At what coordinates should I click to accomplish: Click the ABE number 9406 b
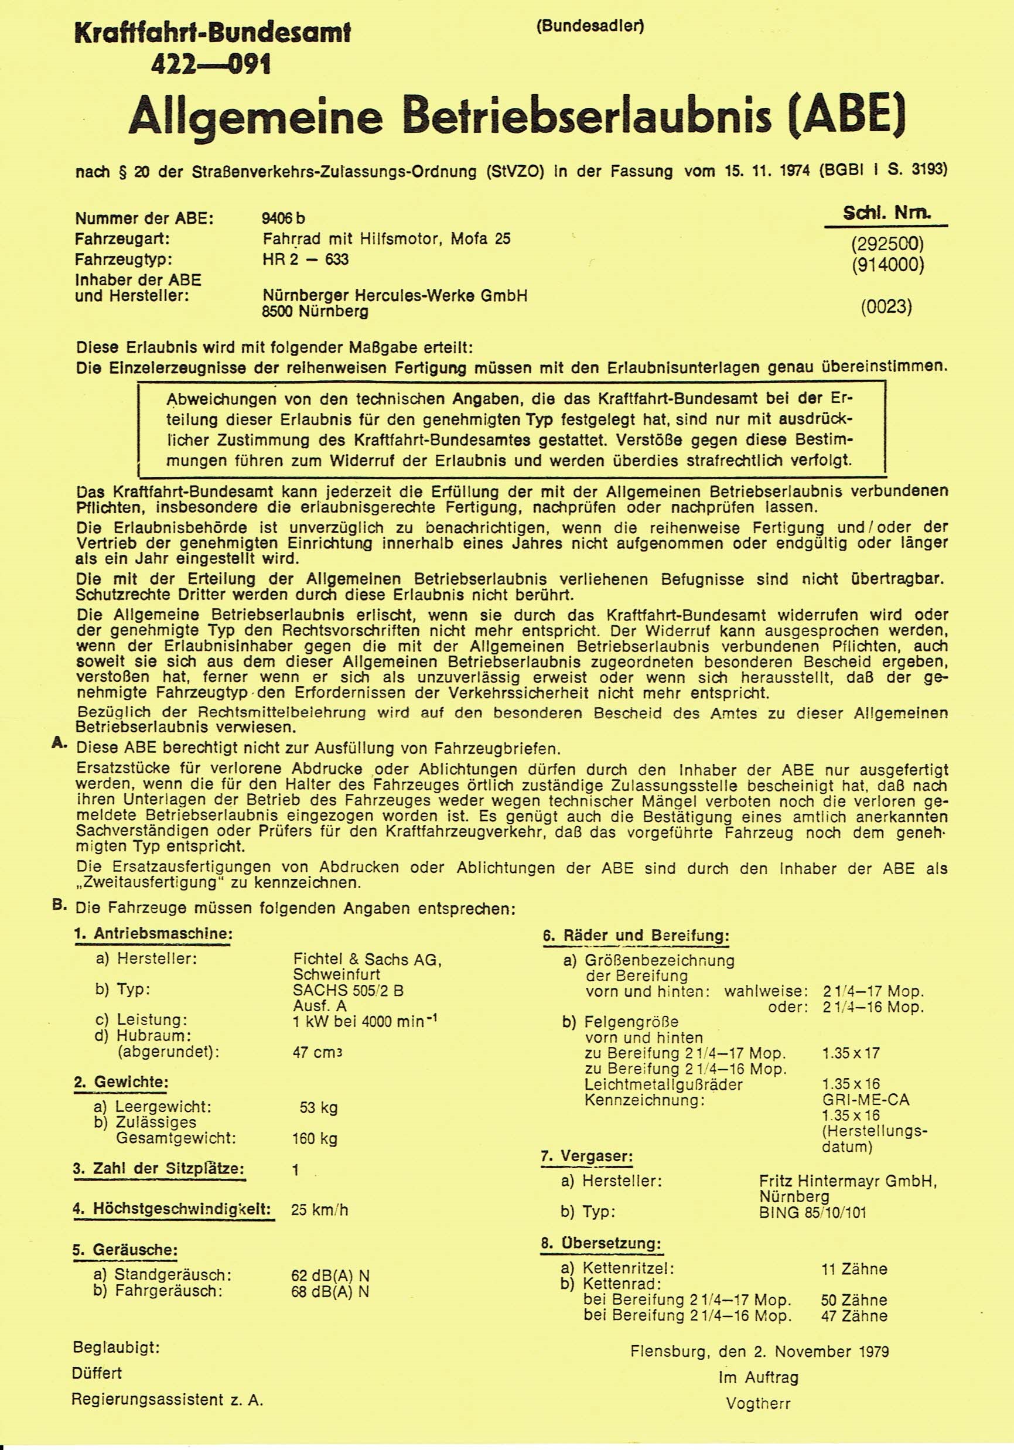pos(284,219)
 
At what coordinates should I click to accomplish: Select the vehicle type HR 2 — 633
pos(306,260)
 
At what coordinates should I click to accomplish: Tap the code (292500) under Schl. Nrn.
pos(887,244)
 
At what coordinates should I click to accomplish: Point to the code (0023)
pos(886,308)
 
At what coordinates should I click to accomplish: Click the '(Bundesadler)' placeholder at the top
pos(590,26)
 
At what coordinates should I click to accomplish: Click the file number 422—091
pos(211,64)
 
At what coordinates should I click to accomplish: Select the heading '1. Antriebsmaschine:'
pos(153,934)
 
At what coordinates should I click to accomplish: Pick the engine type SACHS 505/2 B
pos(348,990)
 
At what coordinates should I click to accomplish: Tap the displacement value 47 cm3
pos(317,1052)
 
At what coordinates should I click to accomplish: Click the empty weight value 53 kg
pos(319,1108)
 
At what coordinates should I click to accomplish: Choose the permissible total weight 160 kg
pos(315,1139)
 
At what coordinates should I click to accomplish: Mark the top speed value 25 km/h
pos(319,1210)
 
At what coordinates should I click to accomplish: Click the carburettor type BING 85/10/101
pos(813,1213)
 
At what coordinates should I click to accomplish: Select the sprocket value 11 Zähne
pos(853,1269)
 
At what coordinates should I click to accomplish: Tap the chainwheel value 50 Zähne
pos(853,1299)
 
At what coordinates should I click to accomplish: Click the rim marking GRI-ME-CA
pos(866,1100)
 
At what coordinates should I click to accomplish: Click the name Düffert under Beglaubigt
pos(97,1373)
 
